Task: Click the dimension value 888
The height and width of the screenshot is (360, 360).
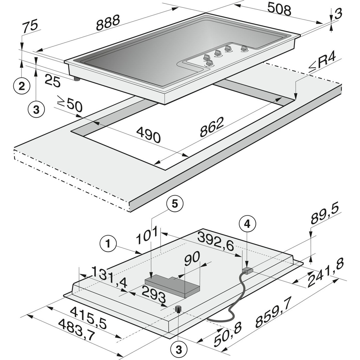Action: coord(108,22)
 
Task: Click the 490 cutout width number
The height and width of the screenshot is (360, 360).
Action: coord(148,135)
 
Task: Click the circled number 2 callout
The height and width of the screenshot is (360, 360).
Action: coord(22,86)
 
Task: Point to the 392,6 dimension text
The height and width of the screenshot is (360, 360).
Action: coord(215,242)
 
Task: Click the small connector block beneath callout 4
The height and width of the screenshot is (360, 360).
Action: coord(247,270)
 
